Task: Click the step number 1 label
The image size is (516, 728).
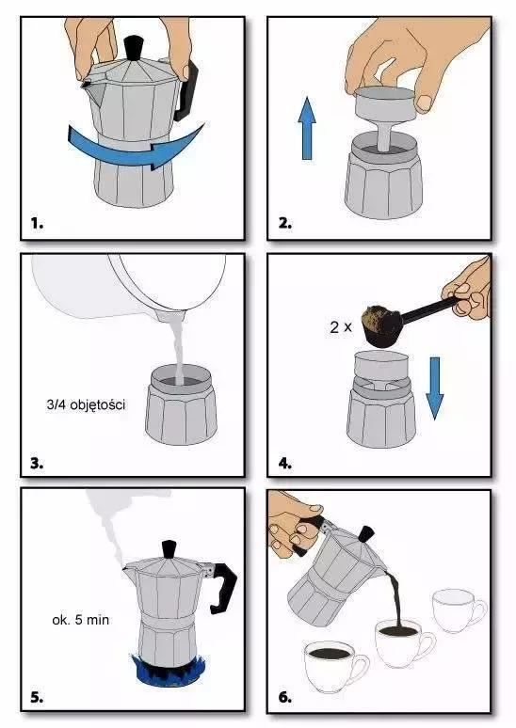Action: [x=37, y=223]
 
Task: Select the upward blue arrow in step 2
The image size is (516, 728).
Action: [x=307, y=129]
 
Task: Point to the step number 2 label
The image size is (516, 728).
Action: [x=285, y=223]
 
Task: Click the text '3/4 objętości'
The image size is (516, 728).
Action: [x=86, y=404]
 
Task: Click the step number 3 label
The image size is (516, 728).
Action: [x=37, y=463]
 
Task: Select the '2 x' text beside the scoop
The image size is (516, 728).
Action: [x=341, y=327]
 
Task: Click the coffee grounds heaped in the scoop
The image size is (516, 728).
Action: [x=382, y=316]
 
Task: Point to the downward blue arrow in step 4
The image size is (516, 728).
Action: [x=435, y=388]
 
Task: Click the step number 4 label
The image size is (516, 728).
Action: [x=285, y=463]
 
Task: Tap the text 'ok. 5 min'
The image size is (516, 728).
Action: [x=80, y=620]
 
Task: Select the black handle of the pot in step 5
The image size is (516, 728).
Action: [x=221, y=587]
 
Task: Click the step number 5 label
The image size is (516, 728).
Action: [x=37, y=697]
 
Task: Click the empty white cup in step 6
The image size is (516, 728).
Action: [x=460, y=609]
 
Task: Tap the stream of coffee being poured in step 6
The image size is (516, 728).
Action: [x=396, y=599]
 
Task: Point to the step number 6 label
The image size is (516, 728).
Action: [x=285, y=697]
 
